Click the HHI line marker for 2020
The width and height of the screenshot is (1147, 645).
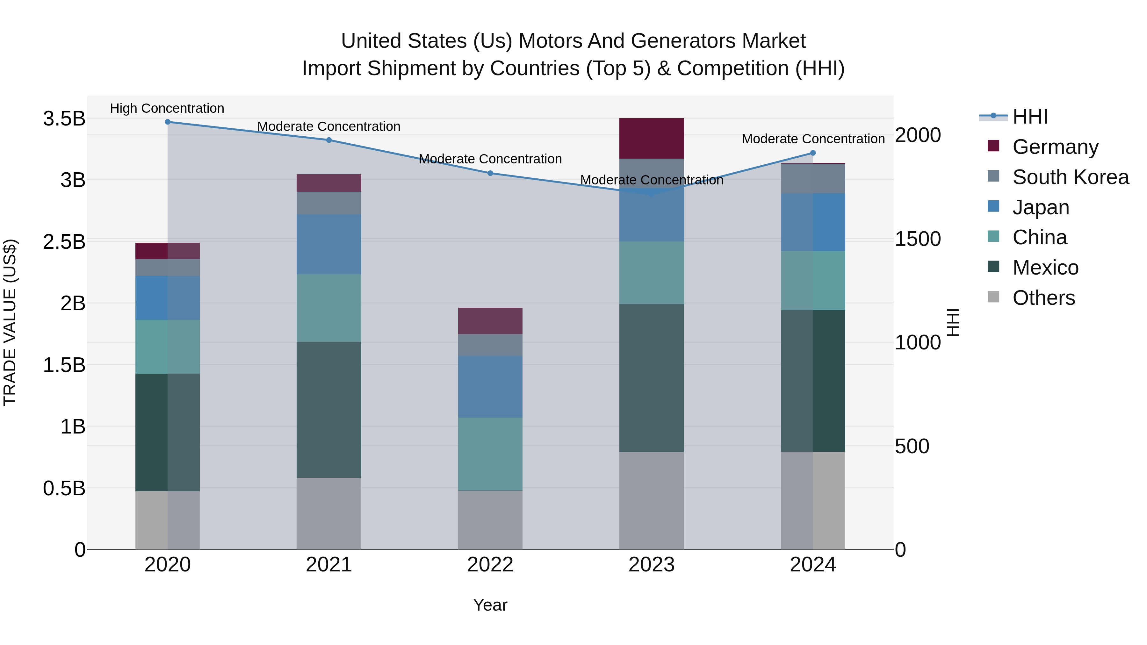coord(167,122)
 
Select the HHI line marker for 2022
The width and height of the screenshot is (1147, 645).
coord(490,173)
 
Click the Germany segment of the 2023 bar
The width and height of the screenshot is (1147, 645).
coord(652,139)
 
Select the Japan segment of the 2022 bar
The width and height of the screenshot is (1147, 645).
coord(490,386)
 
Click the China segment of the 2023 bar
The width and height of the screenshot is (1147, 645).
coord(652,273)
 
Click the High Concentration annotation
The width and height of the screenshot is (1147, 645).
coord(167,108)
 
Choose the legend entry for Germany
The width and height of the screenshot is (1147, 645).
coord(1055,147)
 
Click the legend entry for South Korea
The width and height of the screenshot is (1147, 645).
coord(1071,177)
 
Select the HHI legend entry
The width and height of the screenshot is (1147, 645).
coord(1029,117)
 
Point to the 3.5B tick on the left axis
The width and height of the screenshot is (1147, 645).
coord(64,119)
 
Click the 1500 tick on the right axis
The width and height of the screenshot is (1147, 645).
coord(918,239)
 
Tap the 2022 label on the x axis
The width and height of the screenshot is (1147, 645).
coord(490,565)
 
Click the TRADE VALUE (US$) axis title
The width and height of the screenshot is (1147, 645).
coord(10,322)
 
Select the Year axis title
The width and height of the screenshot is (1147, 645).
coord(490,605)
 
